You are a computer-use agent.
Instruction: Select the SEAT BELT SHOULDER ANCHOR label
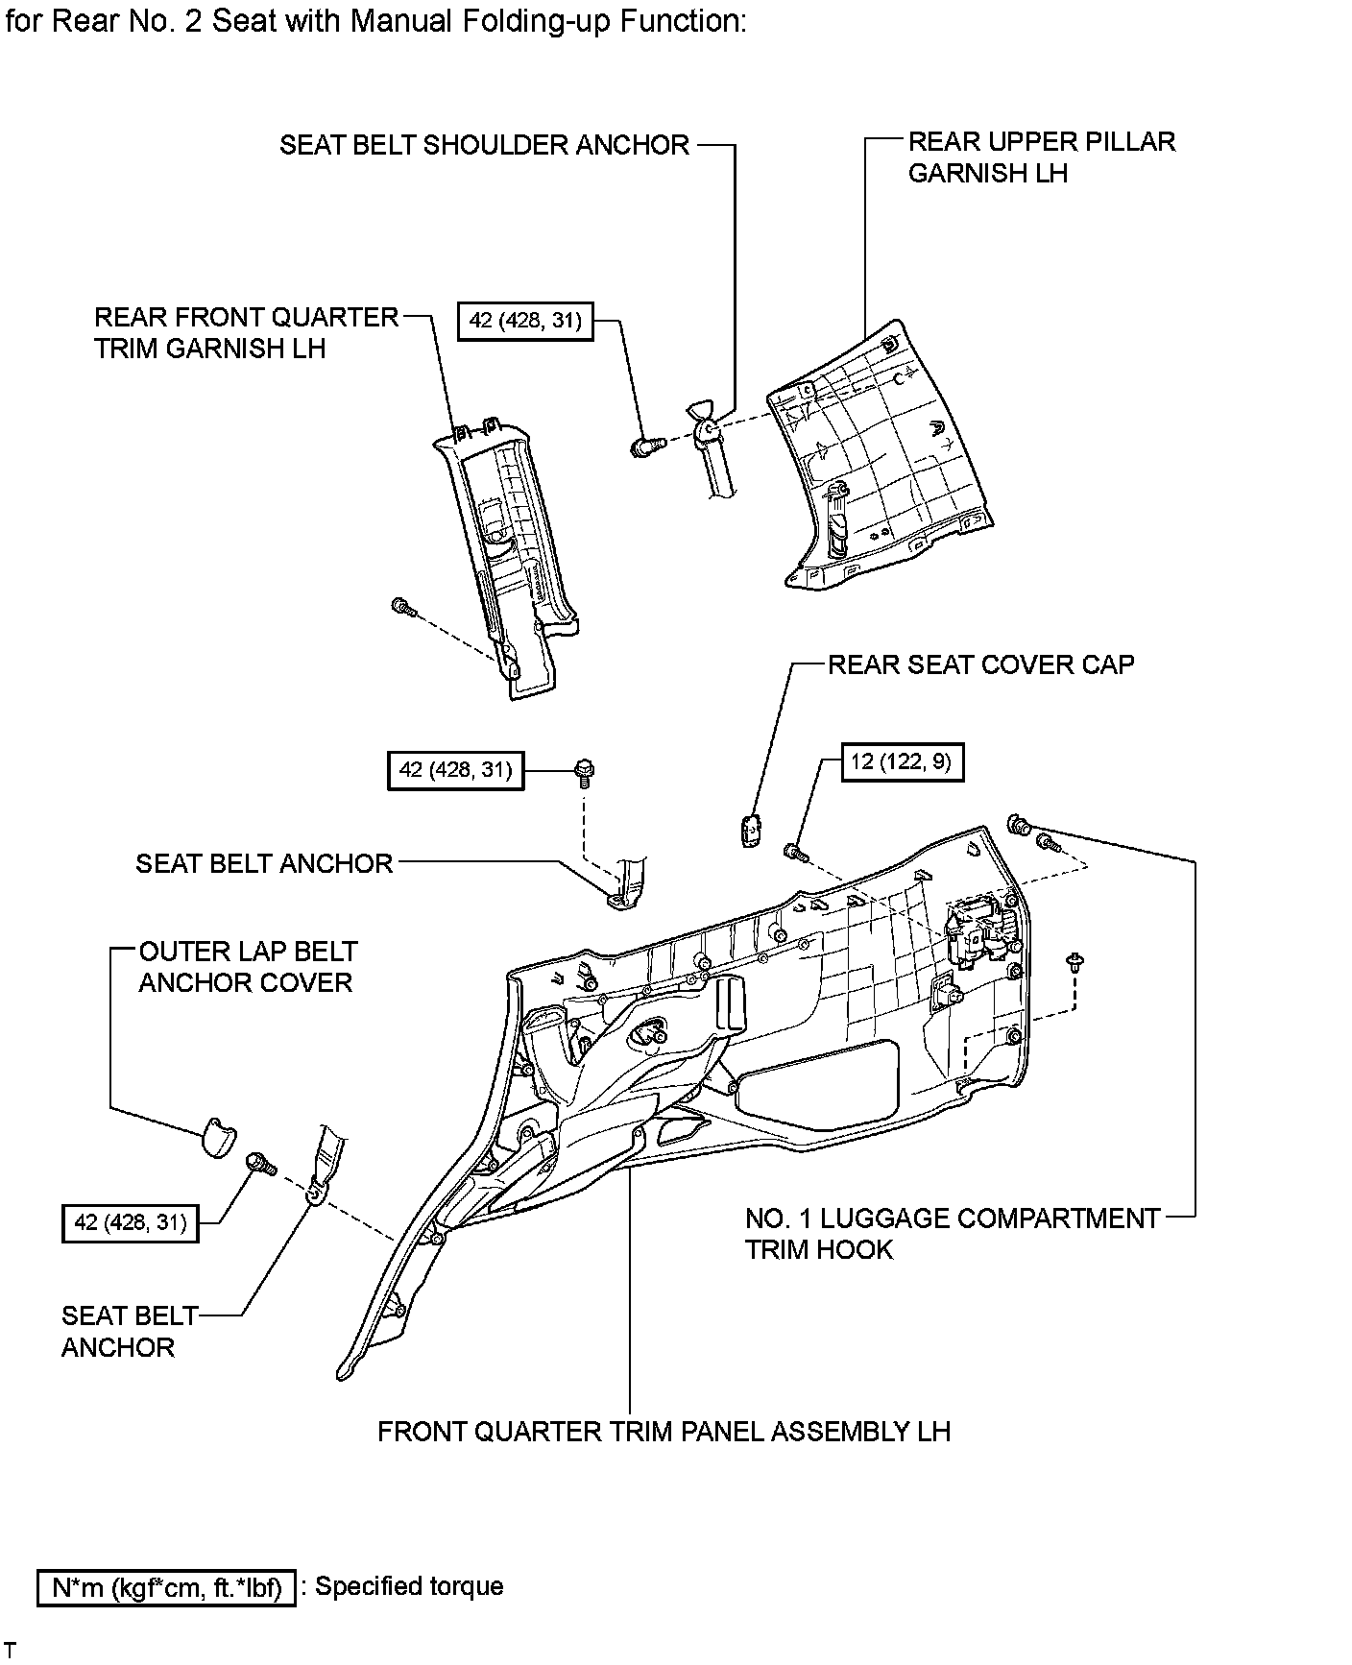click(484, 145)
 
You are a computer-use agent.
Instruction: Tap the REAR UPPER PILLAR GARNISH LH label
click(1041, 157)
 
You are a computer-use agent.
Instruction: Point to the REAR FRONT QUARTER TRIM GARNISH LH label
click(246, 333)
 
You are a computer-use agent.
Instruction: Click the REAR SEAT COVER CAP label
click(980, 664)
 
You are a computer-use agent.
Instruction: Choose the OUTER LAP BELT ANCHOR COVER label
click(248, 967)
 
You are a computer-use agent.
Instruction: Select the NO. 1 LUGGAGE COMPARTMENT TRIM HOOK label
click(953, 1234)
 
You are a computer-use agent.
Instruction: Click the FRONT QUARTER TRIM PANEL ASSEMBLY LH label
click(664, 1432)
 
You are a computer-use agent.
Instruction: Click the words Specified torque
click(409, 1586)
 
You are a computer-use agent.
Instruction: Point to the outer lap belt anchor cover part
click(218, 1137)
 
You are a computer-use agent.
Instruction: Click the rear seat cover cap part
click(750, 830)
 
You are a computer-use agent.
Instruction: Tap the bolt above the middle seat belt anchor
click(584, 771)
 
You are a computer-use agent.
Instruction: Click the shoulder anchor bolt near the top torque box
click(646, 446)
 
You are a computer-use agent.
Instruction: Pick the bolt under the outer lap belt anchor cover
click(260, 1165)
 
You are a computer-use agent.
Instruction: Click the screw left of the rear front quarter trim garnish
click(404, 606)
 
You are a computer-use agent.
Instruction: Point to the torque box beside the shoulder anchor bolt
click(525, 321)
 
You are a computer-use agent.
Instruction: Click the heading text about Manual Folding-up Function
click(374, 21)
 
